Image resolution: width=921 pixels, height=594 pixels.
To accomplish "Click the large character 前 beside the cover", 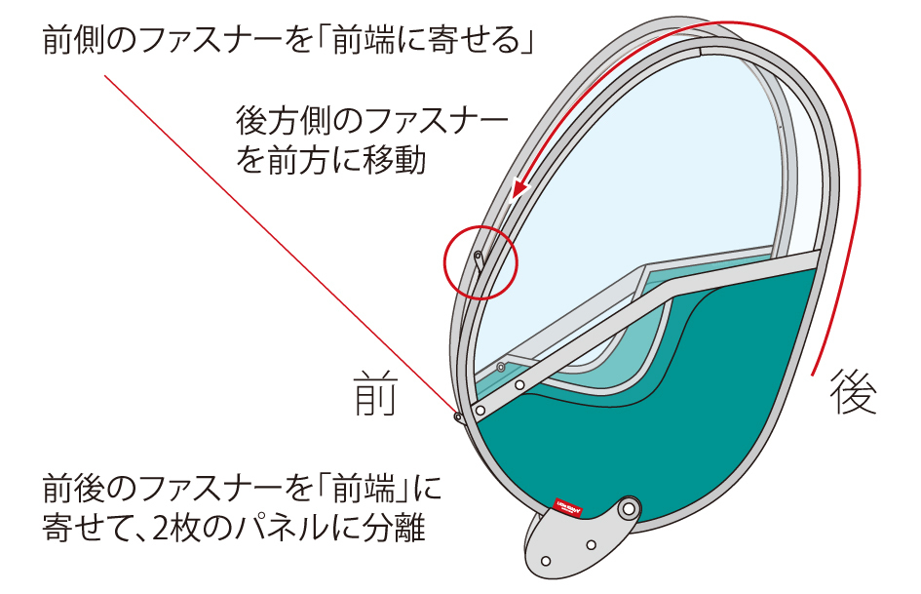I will point(374,394).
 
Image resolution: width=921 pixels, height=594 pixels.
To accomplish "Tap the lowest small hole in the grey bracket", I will point(546,561).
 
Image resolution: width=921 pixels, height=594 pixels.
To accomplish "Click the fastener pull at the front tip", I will point(458,417).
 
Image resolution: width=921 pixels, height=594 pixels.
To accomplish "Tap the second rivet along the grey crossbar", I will point(520,385).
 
